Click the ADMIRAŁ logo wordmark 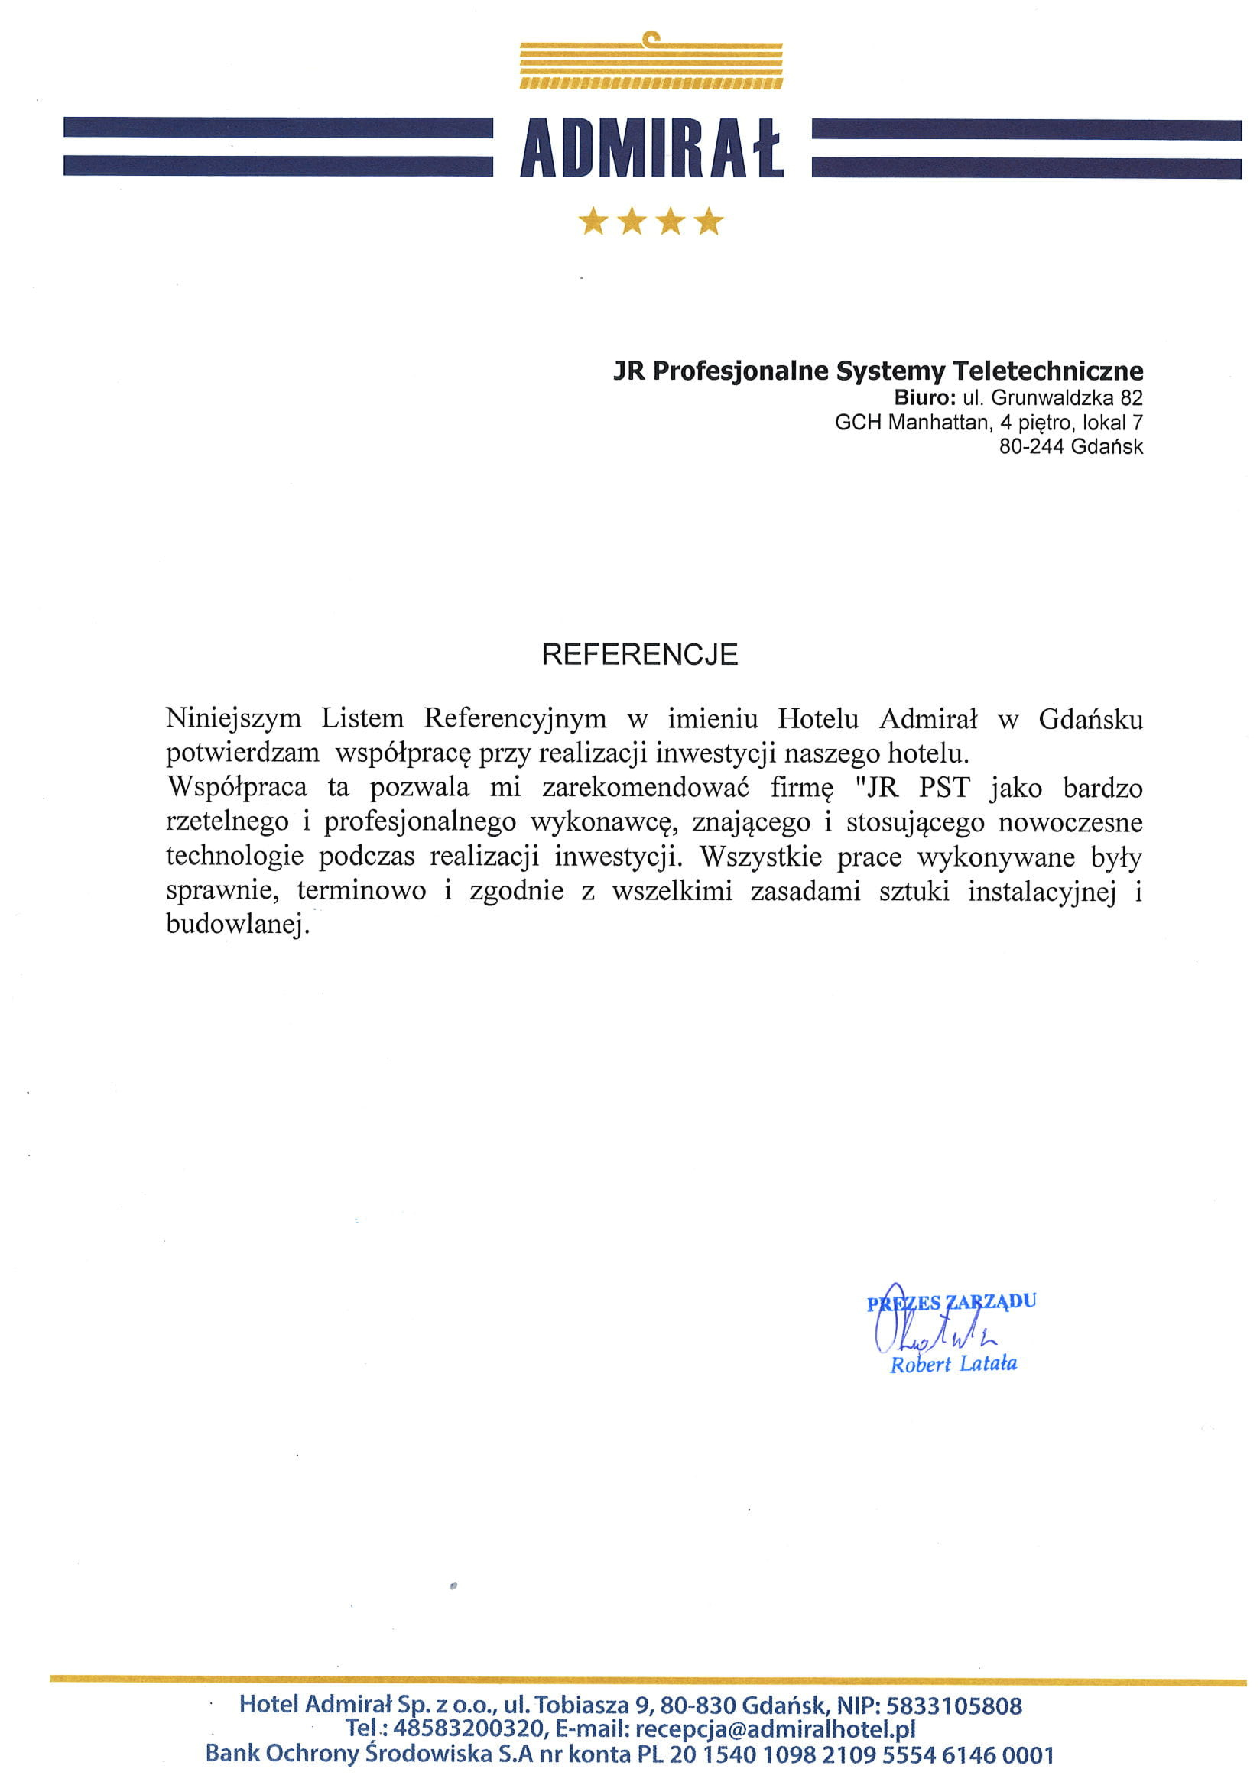(x=651, y=147)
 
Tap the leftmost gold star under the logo (x=593, y=221)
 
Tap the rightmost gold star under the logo (x=709, y=221)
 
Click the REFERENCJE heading (x=639, y=655)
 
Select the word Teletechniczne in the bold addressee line (x=1048, y=371)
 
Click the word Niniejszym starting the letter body (x=233, y=718)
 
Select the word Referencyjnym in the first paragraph (x=515, y=718)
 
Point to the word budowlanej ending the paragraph (x=237, y=925)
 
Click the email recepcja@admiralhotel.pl (x=775, y=1729)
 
